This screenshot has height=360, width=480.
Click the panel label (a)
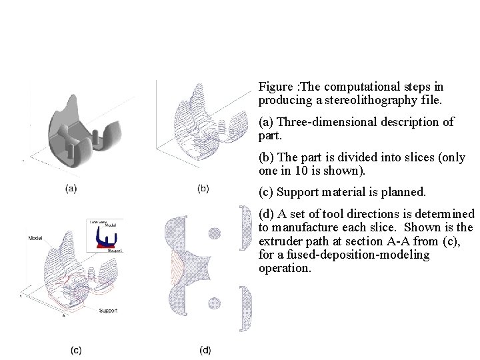(x=71, y=189)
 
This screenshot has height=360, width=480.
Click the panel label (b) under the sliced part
(x=203, y=189)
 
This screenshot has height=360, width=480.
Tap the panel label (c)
(x=76, y=349)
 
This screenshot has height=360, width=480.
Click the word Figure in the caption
(x=275, y=87)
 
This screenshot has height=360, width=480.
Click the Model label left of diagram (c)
(x=36, y=237)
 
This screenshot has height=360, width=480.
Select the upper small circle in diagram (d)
(x=214, y=233)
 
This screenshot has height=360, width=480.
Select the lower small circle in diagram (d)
(x=214, y=303)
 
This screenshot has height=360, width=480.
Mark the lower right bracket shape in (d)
(x=245, y=308)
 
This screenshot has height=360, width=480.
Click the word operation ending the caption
(x=285, y=269)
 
